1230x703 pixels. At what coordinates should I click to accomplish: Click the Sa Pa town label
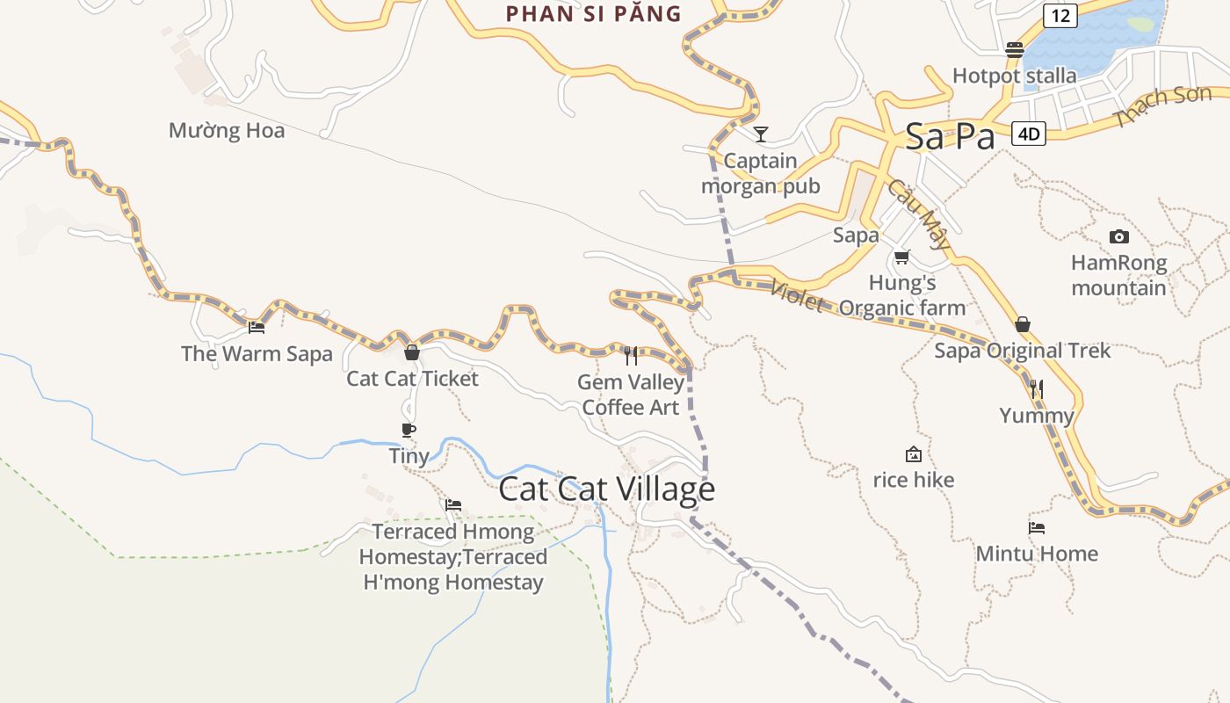950,136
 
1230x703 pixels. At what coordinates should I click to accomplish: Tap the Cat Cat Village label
606,489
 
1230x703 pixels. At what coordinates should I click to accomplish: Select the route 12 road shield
1060,15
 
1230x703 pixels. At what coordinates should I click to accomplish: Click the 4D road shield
1029,134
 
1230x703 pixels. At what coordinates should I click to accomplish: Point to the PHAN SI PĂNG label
594,13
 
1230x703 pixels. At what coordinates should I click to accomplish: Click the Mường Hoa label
227,131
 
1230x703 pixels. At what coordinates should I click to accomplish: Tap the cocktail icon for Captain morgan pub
761,134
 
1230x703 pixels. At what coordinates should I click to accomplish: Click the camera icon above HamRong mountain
1118,236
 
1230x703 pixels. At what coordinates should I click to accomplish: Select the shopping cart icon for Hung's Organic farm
901,257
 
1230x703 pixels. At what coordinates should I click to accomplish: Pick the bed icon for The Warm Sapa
257,327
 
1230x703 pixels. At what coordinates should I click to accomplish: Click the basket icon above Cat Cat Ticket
411,352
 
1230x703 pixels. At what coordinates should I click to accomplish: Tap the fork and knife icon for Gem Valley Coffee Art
631,355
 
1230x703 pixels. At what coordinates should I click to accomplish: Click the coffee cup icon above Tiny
408,430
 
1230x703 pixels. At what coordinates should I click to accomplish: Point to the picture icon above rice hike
914,454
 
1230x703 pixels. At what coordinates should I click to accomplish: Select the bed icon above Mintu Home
1037,528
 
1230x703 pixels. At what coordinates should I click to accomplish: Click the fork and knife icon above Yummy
1037,388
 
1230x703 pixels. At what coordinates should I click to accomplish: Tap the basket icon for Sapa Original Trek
1022,324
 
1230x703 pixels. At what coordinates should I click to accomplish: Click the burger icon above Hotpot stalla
1015,50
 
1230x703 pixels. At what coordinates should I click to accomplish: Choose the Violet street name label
796,296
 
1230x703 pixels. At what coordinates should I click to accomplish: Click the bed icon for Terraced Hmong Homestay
453,505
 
